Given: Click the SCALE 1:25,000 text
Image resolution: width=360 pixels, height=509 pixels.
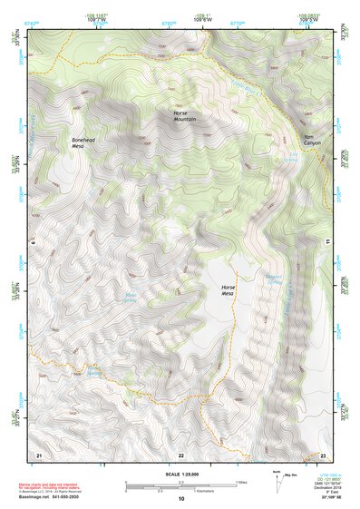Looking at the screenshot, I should point(180,475).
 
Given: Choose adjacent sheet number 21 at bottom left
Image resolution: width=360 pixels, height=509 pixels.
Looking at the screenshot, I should point(38,454).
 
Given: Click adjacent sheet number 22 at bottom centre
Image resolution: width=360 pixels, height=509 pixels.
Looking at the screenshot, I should point(180,454).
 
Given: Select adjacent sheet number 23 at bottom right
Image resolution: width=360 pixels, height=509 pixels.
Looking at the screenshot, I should point(323,454).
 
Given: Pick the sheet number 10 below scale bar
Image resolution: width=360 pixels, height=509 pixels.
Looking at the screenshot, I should point(180,500).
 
